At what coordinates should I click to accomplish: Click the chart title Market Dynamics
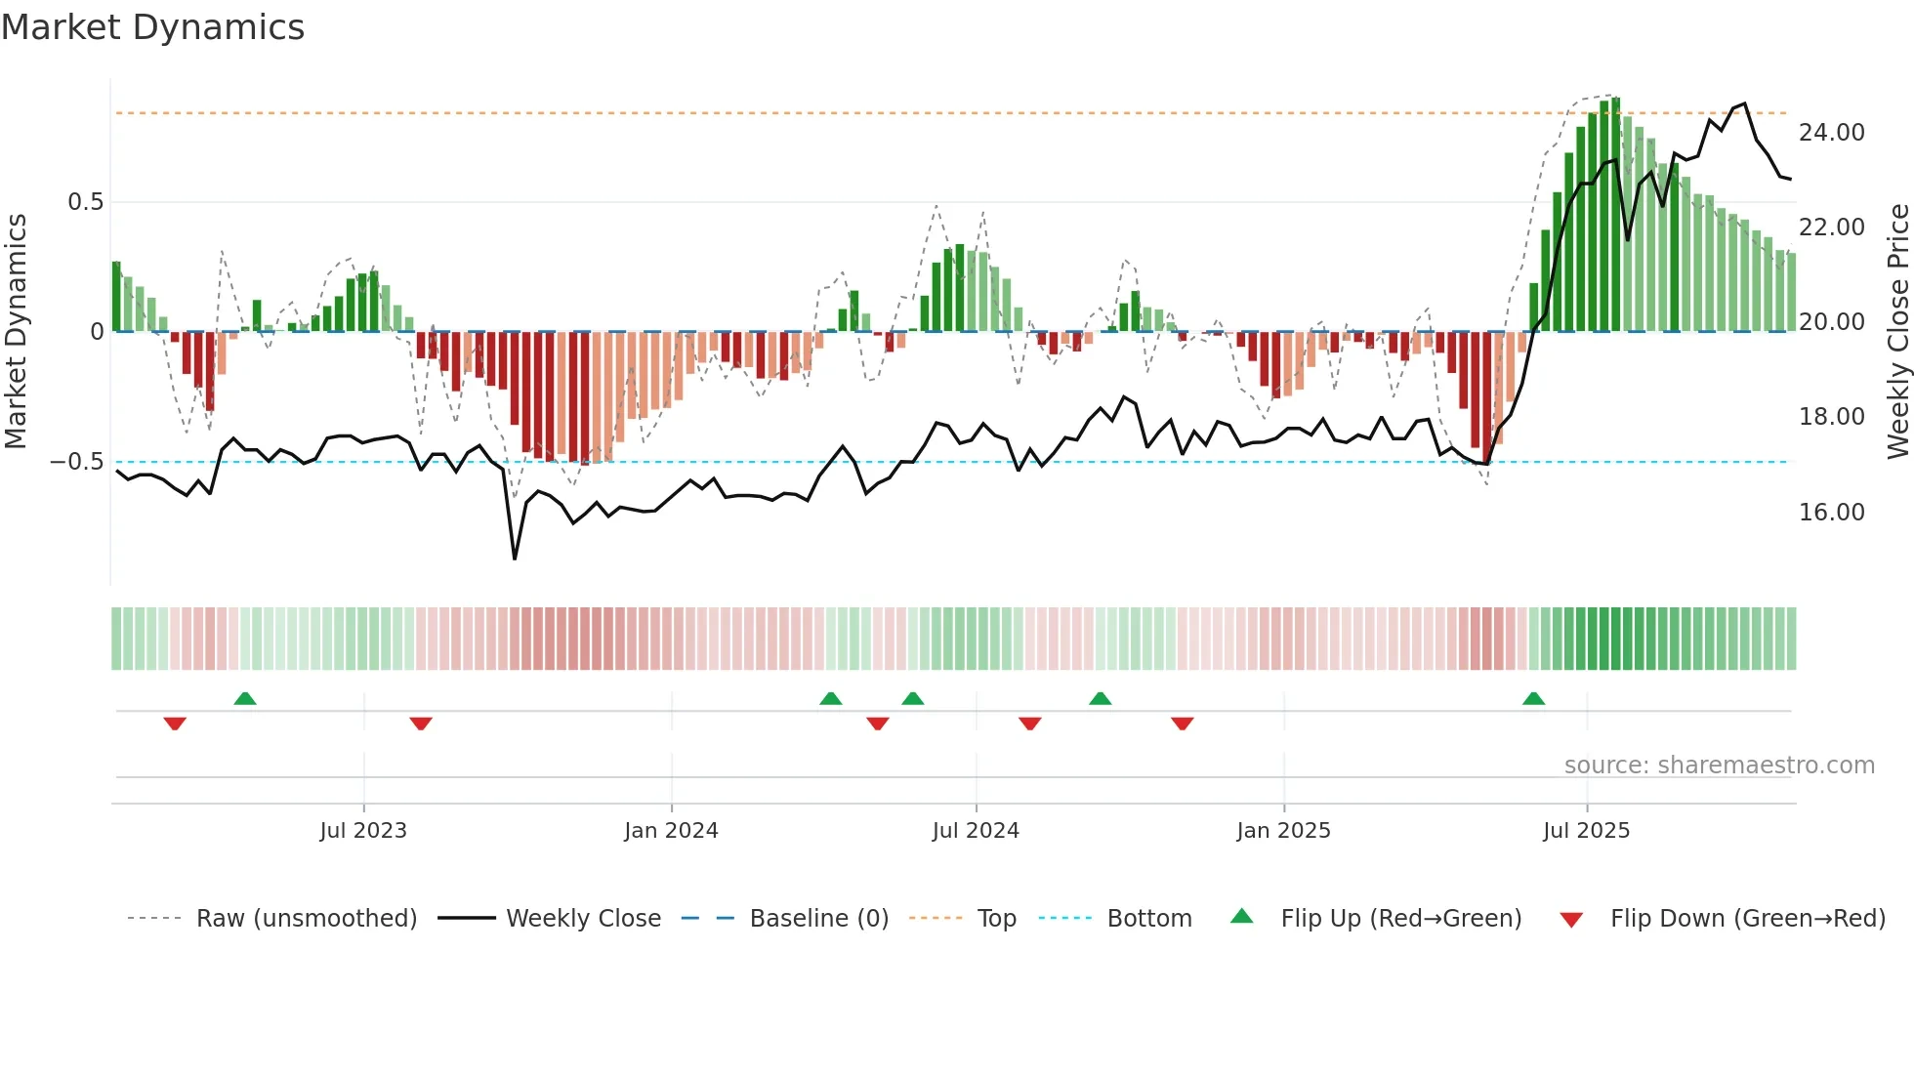point(153,27)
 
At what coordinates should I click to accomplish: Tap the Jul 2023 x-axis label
point(363,831)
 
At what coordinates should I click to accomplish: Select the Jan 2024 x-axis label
point(671,831)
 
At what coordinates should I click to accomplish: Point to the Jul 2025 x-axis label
point(1586,831)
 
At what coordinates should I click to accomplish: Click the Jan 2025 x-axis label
point(1283,831)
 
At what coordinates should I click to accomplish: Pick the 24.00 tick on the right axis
point(1831,133)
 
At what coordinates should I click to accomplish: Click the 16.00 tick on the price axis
point(1831,513)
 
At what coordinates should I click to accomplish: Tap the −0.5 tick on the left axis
point(77,462)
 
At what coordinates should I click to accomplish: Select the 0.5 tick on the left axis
point(85,202)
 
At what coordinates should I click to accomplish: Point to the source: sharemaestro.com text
point(1719,766)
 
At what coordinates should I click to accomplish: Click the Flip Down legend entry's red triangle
point(1571,920)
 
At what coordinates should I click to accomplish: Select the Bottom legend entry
point(1148,919)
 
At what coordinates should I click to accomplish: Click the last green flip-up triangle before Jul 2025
point(1533,699)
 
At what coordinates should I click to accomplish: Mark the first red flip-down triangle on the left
point(175,724)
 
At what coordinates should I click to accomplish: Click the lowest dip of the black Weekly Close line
point(515,559)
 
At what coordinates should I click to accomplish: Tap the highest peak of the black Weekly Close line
point(1745,103)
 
